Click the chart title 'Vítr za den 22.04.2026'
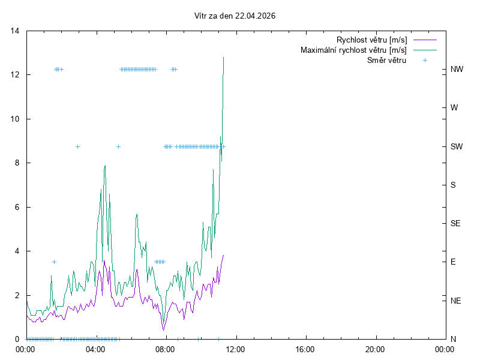pos(239,16)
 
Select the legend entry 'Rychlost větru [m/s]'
pos(371,40)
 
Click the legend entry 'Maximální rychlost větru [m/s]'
pos(353,50)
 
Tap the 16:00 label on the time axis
pos(305,349)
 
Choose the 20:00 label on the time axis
pos(375,349)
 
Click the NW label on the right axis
pos(457,70)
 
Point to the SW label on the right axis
pos(457,146)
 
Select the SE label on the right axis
pos(456,223)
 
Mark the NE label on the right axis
pos(456,300)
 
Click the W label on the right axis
pos(454,108)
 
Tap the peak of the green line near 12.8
pos(224,58)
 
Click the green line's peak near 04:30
pos(105,166)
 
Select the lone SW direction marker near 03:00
pos(77,146)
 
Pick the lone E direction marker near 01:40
pos(54,262)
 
